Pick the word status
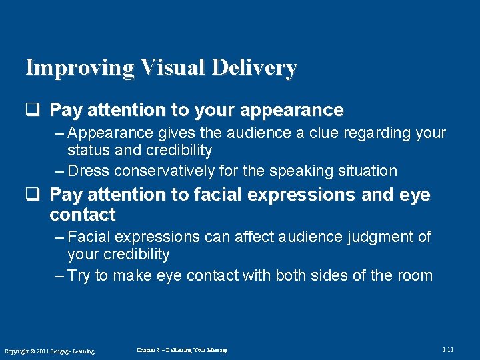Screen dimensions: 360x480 coord(89,151)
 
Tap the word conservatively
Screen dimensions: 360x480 coord(165,171)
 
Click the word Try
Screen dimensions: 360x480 coord(79,276)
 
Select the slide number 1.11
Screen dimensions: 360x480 coord(447,350)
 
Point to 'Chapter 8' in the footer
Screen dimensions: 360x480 coord(149,350)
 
